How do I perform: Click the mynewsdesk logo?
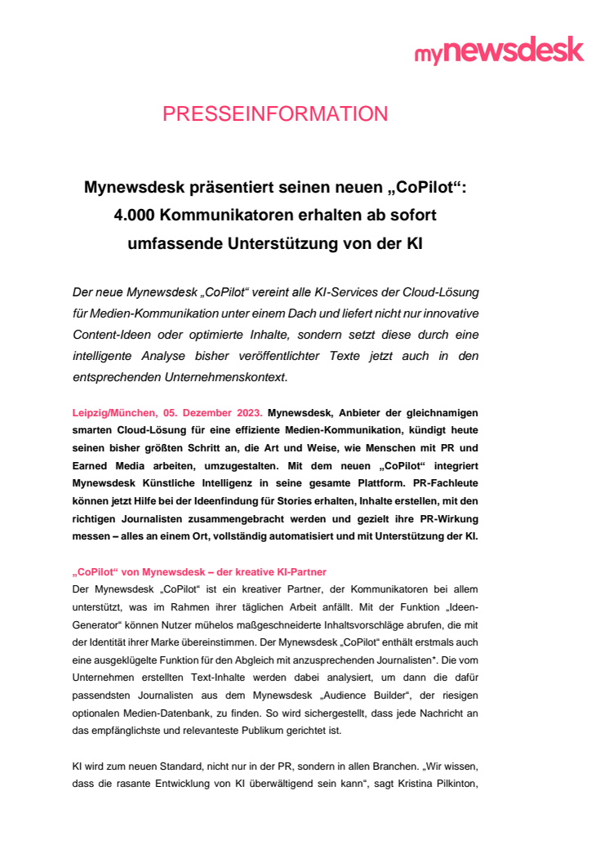pos(499,51)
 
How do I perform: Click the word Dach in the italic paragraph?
pos(285,314)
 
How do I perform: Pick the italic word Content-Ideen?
pos(113,335)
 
